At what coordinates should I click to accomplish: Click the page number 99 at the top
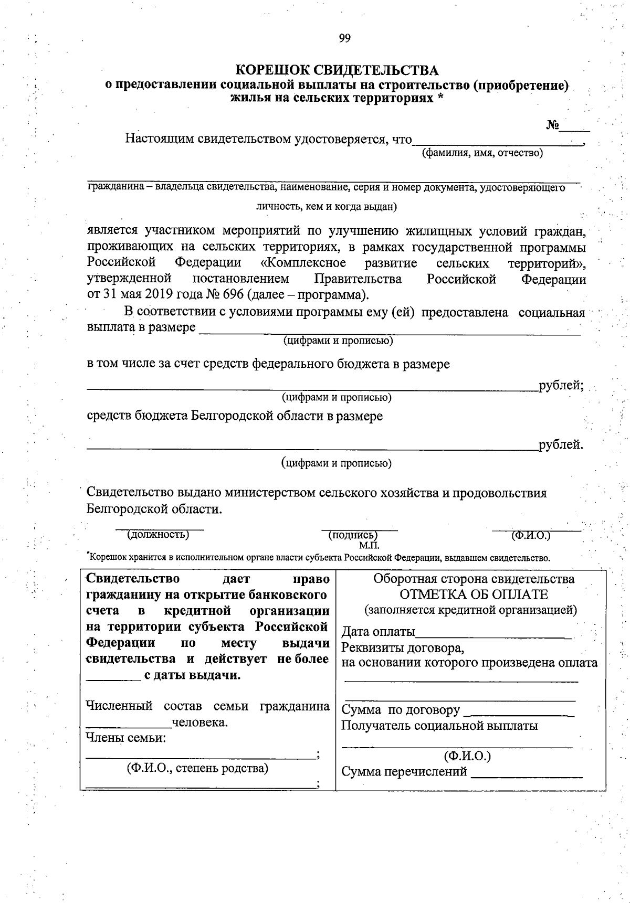coord(344,38)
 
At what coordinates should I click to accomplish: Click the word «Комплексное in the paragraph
coord(303,263)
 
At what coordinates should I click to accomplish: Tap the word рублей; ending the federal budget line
coord(561,386)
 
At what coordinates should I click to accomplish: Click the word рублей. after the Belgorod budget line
coord(561,445)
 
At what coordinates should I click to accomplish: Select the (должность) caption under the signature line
coord(157,535)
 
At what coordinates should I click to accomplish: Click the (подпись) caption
coord(352,535)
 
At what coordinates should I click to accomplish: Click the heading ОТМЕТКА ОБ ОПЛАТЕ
coord(474,595)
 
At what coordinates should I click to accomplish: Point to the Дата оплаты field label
coord(378,632)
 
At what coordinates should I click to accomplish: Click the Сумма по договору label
coord(401,711)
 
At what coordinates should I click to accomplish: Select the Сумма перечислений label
coord(404,772)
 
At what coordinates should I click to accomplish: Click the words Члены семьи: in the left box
coord(125,738)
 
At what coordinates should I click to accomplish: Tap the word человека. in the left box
coord(199,723)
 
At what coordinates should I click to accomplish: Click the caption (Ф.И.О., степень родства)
coord(197,769)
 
